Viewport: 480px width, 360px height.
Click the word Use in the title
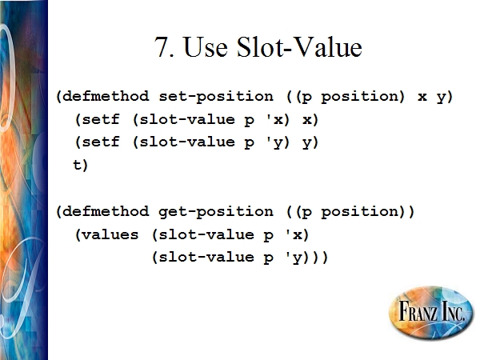[x=206, y=46]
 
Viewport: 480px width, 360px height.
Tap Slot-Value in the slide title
[x=299, y=46]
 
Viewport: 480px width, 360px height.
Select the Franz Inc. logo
[x=431, y=313]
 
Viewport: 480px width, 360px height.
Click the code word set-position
[x=216, y=97]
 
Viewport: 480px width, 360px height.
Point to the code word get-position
[x=216, y=212]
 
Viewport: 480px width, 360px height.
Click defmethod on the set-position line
[x=106, y=96]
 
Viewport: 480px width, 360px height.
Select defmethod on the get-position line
[x=106, y=211]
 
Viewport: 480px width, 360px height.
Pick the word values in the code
[x=110, y=234]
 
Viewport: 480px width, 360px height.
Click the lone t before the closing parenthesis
[x=77, y=164]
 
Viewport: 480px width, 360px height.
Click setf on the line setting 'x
[x=101, y=118]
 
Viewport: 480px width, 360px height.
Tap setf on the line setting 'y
[x=101, y=142]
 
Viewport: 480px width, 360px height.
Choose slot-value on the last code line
[x=206, y=257]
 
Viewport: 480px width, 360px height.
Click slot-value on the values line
[x=206, y=234]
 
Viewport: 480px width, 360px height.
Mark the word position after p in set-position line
[x=359, y=97]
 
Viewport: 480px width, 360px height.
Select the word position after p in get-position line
[x=359, y=212]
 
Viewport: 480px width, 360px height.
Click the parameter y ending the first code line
[x=441, y=98]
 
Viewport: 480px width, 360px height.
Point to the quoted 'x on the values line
[x=294, y=234]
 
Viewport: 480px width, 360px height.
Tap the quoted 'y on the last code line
[x=294, y=258]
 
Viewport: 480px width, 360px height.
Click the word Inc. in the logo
[x=450, y=312]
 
